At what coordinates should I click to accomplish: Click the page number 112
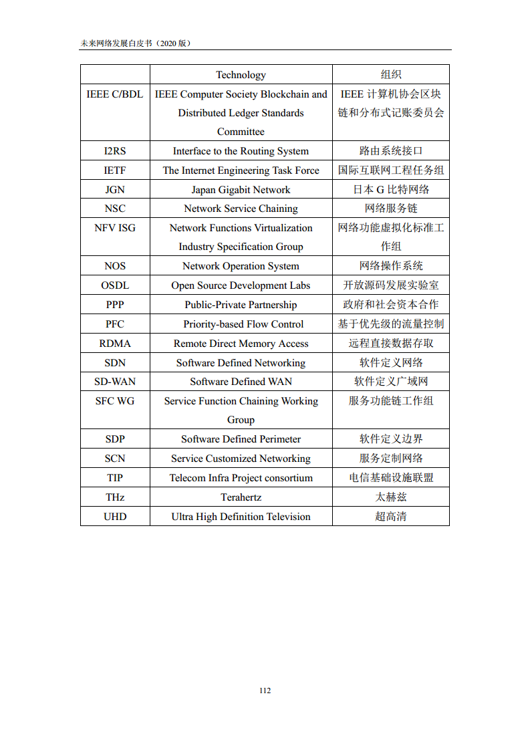click(265, 691)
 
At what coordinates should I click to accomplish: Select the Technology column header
click(241, 75)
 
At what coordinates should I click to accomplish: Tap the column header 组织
click(391, 75)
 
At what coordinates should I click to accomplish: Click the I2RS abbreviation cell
click(115, 151)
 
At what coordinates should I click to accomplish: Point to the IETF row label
click(115, 170)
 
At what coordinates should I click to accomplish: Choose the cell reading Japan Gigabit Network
click(241, 190)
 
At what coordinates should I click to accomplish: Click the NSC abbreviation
click(115, 209)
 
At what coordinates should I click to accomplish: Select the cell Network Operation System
click(241, 266)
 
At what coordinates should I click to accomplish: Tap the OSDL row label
click(115, 285)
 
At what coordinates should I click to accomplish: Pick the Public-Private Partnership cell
click(241, 305)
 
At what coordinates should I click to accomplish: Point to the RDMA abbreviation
click(115, 344)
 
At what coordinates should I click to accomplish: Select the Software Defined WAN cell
click(241, 382)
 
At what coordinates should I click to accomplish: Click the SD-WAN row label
click(115, 382)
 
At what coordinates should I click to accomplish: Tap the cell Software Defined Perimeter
click(241, 439)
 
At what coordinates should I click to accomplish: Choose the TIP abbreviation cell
click(115, 478)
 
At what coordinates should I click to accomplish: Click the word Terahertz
click(241, 497)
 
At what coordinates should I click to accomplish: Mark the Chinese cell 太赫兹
click(391, 497)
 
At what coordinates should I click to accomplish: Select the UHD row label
click(115, 517)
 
